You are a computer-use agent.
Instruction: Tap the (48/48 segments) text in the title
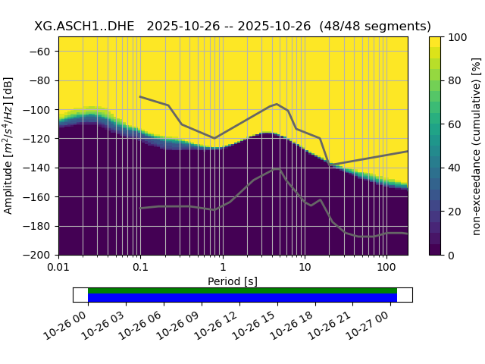[x=375, y=27]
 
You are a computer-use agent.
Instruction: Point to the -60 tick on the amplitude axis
[x=44, y=52]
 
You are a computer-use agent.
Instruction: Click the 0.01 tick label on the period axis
[x=58, y=268]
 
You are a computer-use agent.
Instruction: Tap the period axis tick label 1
[x=222, y=268]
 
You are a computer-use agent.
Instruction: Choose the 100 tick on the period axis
[x=386, y=268]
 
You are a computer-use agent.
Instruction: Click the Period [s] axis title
[x=233, y=281]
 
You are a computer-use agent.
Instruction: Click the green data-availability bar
[x=242, y=290]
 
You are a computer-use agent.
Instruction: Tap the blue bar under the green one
[x=242, y=297]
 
